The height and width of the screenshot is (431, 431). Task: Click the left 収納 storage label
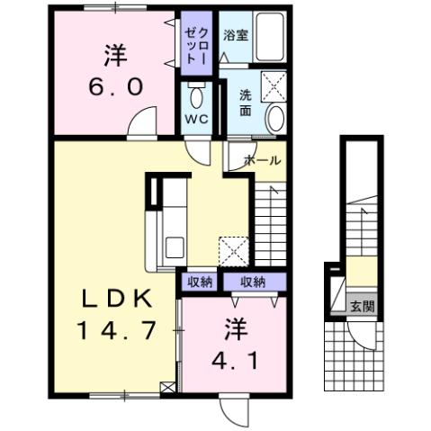coord(200,282)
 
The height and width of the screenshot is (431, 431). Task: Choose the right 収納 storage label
coord(253,282)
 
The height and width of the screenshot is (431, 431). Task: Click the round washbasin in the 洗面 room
coord(274,117)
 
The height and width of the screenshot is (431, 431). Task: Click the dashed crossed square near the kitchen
coord(233,249)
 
